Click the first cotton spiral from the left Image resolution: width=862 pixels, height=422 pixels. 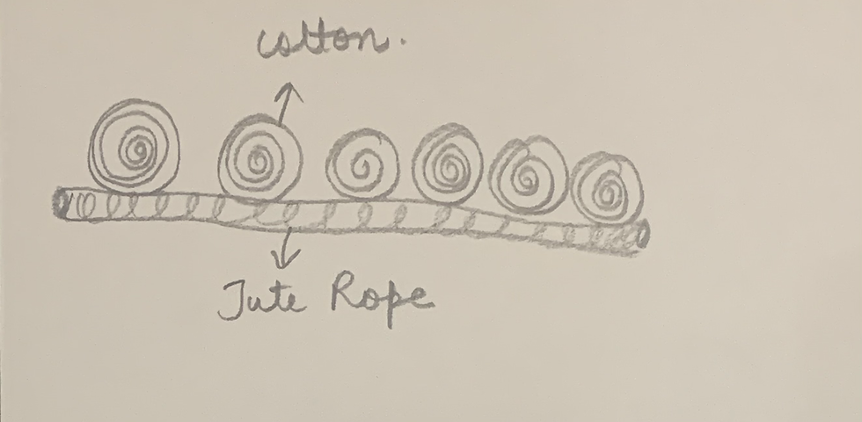(135, 146)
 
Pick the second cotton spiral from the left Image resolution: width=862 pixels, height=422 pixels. (259, 158)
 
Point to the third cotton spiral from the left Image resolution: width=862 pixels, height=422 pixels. (362, 164)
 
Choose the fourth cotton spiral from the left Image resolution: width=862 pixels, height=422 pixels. (448, 163)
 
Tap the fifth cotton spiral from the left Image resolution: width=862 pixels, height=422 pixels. (528, 176)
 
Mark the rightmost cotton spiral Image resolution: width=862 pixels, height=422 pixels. (606, 186)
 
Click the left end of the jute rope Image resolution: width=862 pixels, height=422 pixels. (60, 203)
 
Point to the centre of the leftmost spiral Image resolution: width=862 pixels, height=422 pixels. (135, 150)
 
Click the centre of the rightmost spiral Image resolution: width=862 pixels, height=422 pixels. (607, 189)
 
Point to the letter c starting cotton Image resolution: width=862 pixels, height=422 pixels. (266, 43)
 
